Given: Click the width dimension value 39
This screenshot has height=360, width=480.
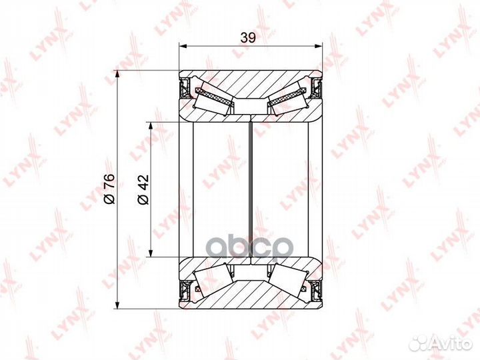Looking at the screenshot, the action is [248, 37].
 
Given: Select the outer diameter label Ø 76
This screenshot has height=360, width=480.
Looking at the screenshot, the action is [109, 189].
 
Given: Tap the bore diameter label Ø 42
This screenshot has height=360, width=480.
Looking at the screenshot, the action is [143, 189].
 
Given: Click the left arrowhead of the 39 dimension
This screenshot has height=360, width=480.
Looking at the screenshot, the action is [183, 46].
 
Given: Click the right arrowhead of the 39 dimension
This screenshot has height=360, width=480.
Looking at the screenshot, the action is [319, 46].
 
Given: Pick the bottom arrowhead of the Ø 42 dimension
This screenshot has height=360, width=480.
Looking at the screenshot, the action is [151, 253].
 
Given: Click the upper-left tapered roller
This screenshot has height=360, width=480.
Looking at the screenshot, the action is [212, 101].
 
